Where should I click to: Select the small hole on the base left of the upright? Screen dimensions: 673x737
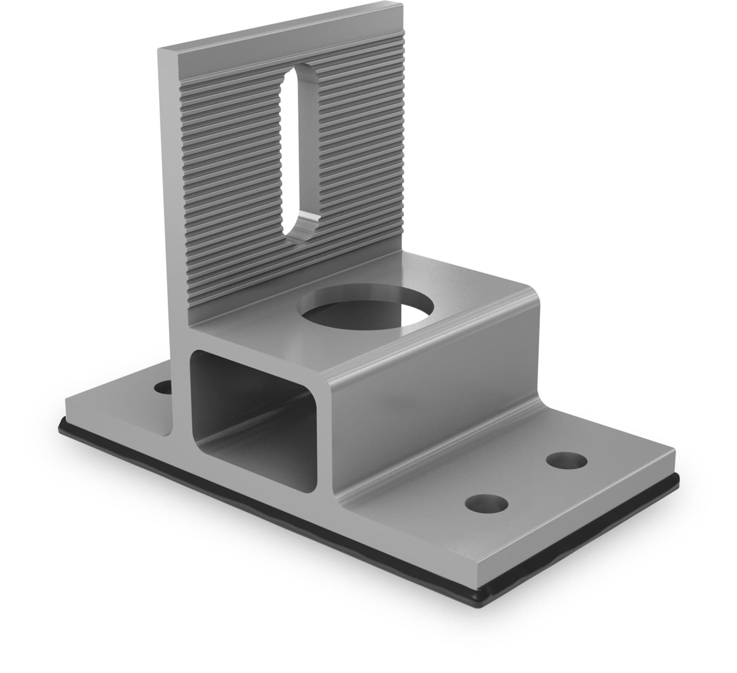click(x=162, y=388)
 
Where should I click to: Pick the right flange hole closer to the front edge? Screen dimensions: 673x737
click(x=487, y=503)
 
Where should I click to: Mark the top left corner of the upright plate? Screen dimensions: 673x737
click(x=159, y=48)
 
